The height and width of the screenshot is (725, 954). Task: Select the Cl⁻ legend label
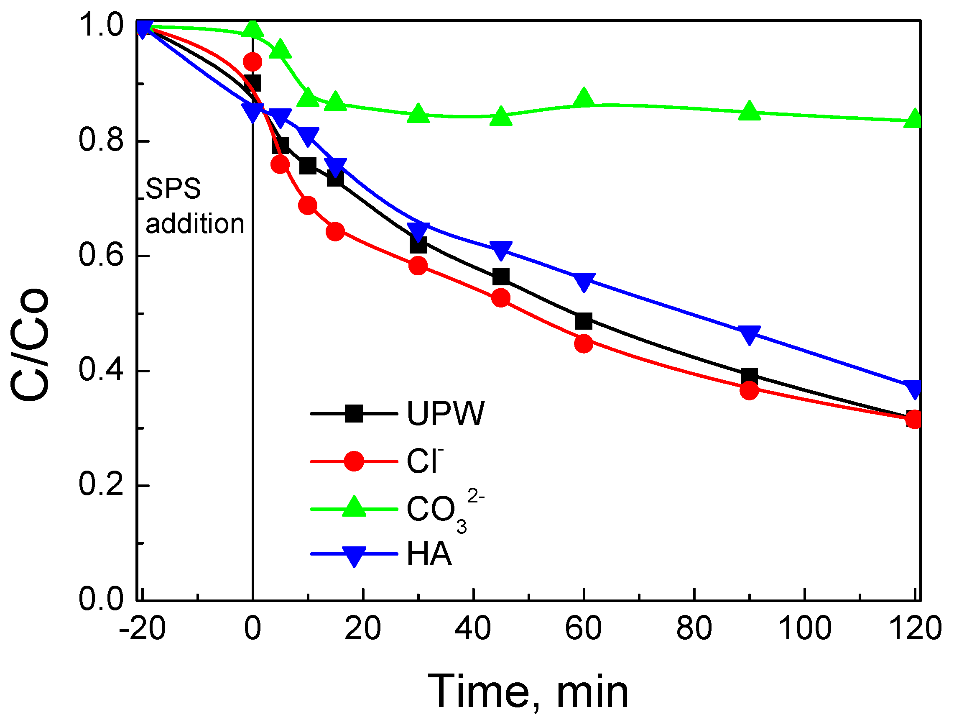click(x=424, y=461)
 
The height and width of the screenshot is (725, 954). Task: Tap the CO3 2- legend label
click(x=444, y=509)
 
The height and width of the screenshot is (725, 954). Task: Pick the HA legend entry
click(x=429, y=554)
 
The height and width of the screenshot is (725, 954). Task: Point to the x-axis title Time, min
click(x=528, y=692)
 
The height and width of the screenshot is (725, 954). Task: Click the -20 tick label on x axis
click(x=142, y=628)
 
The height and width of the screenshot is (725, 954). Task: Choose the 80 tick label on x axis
click(x=694, y=628)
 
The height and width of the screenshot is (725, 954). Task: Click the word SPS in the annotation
click(x=173, y=189)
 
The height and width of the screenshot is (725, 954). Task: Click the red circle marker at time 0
click(x=253, y=62)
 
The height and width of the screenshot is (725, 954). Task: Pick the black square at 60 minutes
click(x=584, y=321)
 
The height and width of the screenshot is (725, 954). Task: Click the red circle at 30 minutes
click(x=418, y=265)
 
